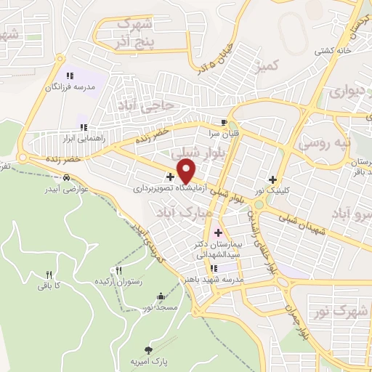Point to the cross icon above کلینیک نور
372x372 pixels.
coord(273,179)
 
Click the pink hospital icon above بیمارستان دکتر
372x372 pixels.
coord(218,232)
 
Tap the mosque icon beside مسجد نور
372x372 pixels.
coord(161,296)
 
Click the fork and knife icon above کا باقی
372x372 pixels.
coord(49,275)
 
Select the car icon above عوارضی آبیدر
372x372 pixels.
coord(66,177)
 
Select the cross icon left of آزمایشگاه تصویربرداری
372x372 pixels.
coord(170,177)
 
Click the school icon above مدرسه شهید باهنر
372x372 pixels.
coord(214,269)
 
